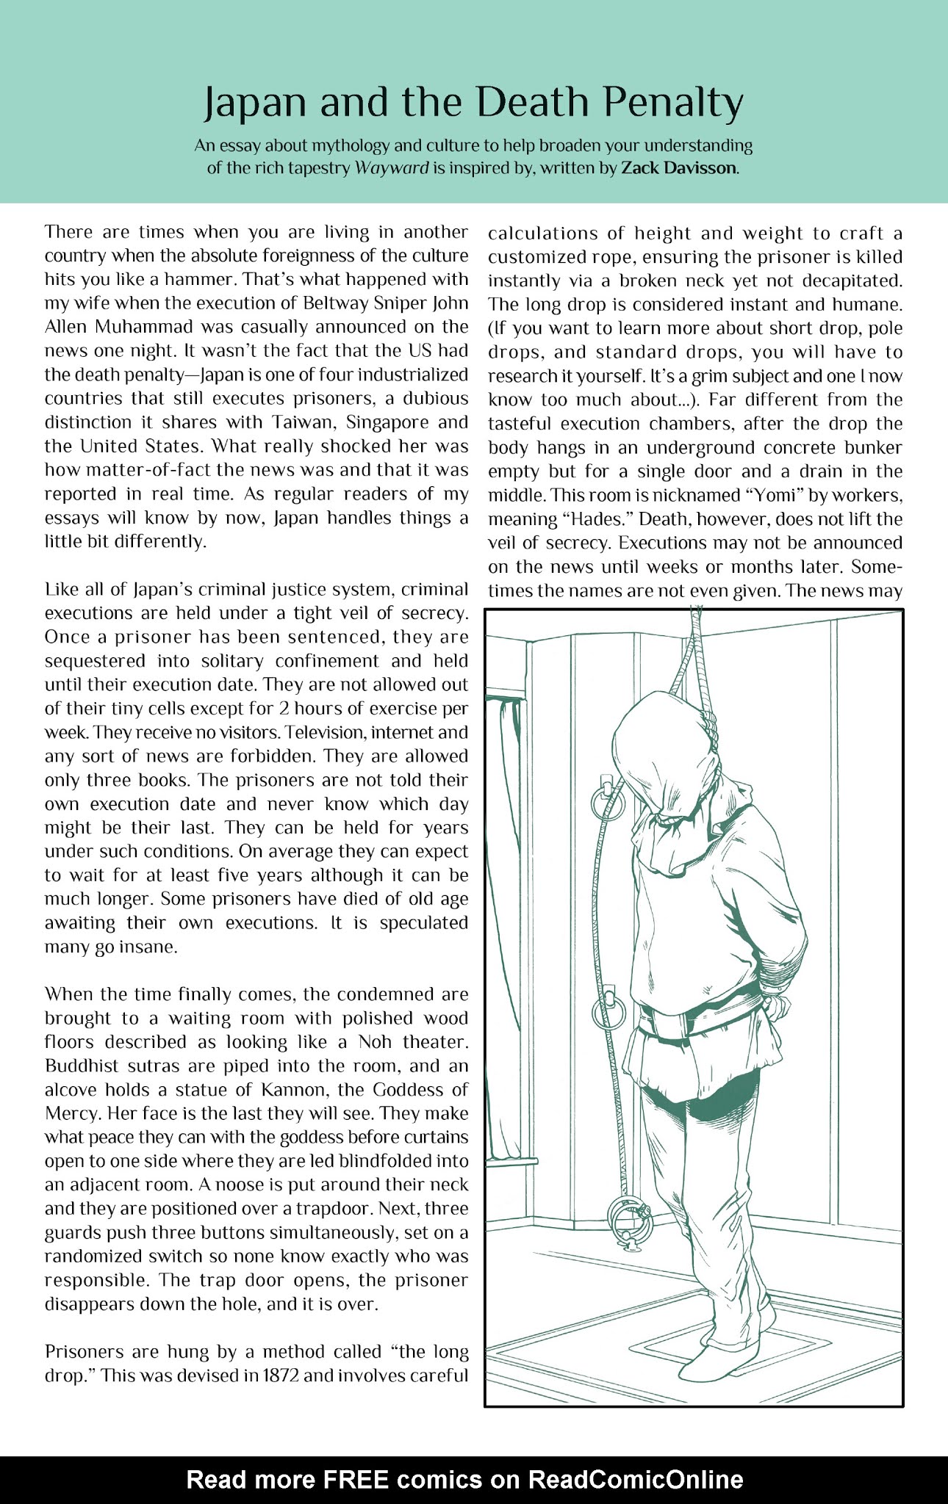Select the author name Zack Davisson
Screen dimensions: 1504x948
tap(678, 167)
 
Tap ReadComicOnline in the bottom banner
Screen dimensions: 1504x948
tap(636, 1479)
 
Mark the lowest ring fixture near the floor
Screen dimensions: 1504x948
tap(631, 1221)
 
